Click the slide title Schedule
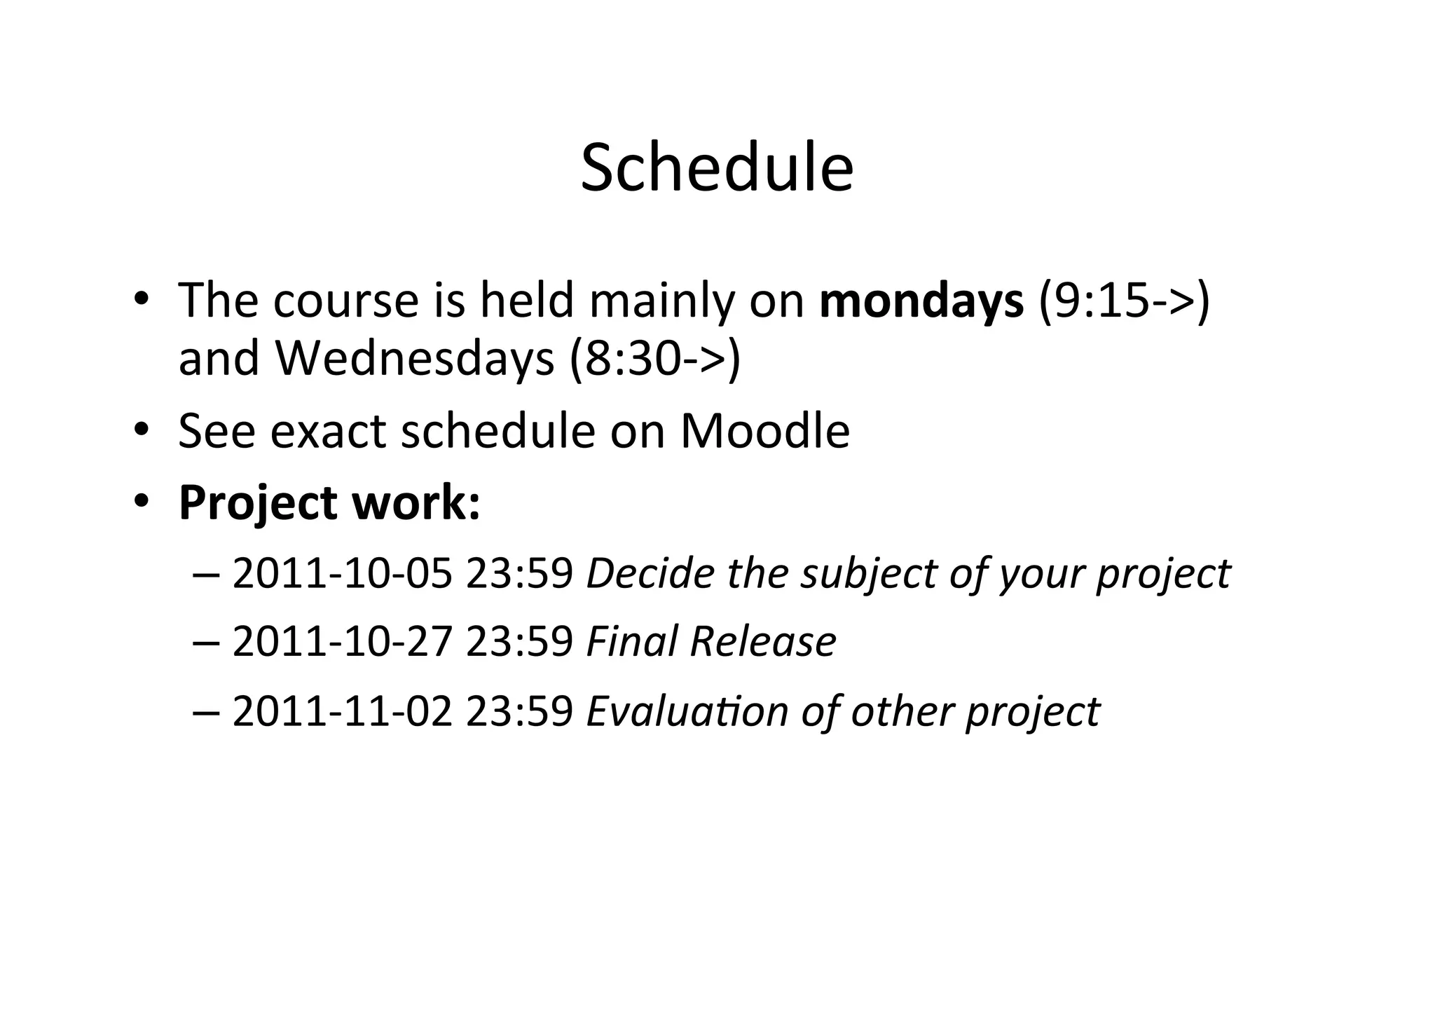pos(717,168)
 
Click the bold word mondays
pos(921,301)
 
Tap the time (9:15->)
pos(1124,301)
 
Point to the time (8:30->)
pos(654,359)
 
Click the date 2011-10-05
pos(342,573)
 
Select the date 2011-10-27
pos(342,642)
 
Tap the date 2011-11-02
pos(342,711)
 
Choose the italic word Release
pos(762,642)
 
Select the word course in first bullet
pos(345,301)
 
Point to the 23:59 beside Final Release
pos(519,642)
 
